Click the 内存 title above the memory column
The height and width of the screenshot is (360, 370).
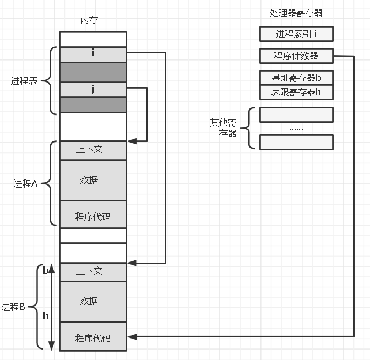[x=89, y=20]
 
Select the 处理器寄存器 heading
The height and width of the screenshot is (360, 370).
[x=296, y=13]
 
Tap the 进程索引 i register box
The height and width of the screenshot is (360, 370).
[x=296, y=34]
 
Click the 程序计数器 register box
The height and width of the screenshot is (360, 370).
[x=296, y=56]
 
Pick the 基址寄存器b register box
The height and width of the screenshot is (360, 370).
[x=296, y=78]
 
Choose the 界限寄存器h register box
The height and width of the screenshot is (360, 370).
[x=296, y=92]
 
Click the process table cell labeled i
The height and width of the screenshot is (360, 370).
[x=93, y=54]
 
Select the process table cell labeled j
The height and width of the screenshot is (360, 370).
[x=93, y=90]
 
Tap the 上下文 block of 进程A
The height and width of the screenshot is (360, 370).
[x=93, y=150]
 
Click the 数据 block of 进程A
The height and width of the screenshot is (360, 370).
[x=93, y=180]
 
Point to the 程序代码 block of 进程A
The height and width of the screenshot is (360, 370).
[x=93, y=215]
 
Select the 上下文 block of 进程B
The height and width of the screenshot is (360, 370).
[x=93, y=272]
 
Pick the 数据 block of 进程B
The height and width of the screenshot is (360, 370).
[x=93, y=302]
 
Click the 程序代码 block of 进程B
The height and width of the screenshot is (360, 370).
[x=93, y=336]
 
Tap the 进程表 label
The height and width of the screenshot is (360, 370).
[x=24, y=81]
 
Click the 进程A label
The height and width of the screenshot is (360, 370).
[x=25, y=183]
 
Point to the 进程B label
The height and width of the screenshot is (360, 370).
[x=13, y=307]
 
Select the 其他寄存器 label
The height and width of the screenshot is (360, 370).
[x=224, y=128]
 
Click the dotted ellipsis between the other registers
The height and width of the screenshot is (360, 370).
[x=296, y=129]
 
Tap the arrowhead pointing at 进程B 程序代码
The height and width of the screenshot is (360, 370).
[x=132, y=337]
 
